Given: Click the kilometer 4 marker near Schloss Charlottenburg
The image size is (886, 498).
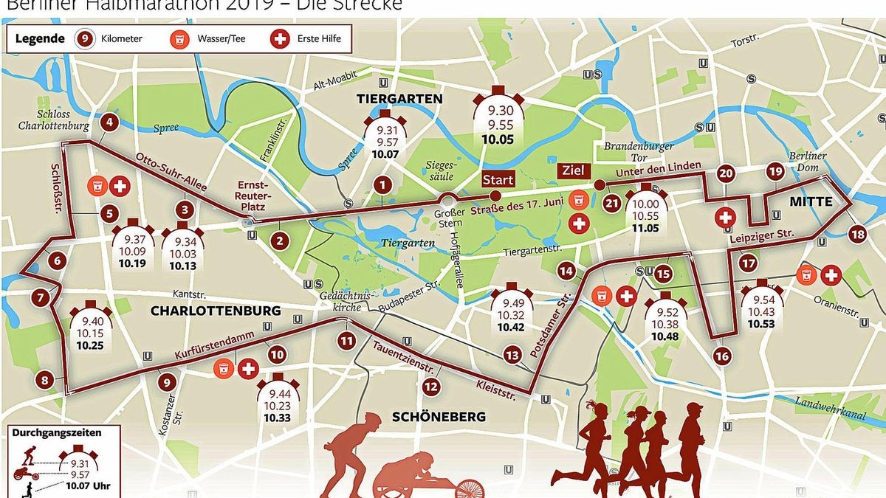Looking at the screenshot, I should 110,123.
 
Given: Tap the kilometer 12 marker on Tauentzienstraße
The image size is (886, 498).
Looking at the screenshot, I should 430,386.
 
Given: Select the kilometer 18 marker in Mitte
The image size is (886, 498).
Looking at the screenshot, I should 857,235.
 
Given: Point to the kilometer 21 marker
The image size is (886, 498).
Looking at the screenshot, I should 611,204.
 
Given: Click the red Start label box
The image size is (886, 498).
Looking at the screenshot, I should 498,179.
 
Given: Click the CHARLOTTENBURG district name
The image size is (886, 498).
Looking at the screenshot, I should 216,311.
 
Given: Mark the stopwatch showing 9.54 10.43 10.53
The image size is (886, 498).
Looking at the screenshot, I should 762,307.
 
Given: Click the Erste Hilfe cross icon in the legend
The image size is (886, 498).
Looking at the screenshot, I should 280,38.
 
